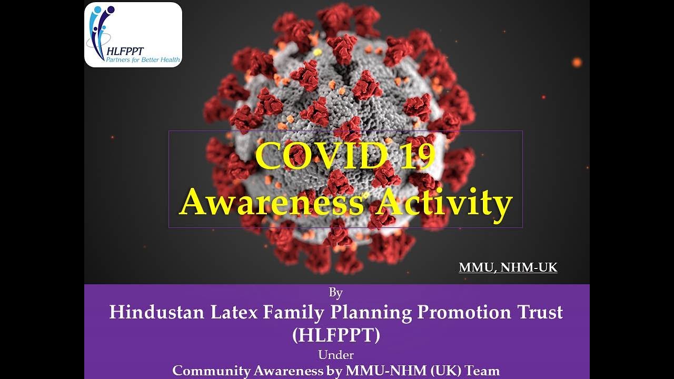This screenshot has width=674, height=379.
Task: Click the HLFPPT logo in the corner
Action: click(x=133, y=35)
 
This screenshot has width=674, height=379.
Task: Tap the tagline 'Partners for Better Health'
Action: click(x=143, y=60)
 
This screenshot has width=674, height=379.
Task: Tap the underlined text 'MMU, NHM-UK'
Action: click(x=508, y=267)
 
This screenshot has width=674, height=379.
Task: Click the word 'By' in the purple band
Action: click(x=335, y=293)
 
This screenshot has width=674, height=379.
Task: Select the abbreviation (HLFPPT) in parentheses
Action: click(x=336, y=335)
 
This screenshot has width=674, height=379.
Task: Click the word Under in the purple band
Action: click(x=336, y=354)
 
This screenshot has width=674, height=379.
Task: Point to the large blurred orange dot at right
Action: click(x=577, y=62)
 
